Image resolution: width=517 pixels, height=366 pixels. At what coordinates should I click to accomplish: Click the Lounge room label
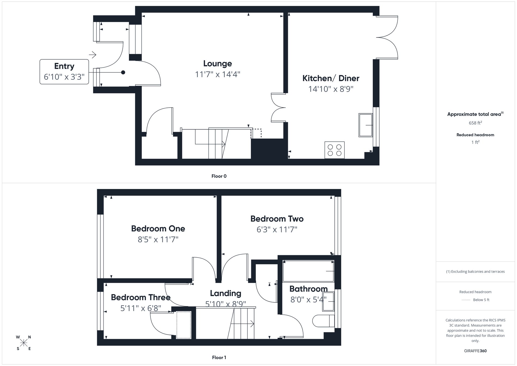[x=217, y=63]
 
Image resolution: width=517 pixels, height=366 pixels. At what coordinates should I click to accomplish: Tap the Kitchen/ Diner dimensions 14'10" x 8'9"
[x=331, y=89]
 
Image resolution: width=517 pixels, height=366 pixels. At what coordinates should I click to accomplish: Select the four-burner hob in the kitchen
[x=334, y=150]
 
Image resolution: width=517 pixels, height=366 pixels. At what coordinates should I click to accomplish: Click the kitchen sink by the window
[x=365, y=125]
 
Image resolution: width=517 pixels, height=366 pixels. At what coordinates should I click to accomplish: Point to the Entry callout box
[x=64, y=72]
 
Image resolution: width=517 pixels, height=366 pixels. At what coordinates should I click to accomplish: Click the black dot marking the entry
[x=123, y=72]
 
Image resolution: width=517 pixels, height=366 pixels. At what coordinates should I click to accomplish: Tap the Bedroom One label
[x=158, y=228]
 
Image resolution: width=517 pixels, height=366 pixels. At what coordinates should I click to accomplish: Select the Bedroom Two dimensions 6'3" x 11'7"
[x=277, y=230]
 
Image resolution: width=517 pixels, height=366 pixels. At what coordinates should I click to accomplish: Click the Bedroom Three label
[x=140, y=297]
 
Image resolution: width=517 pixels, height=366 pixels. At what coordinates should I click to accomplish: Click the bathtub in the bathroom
[x=308, y=271]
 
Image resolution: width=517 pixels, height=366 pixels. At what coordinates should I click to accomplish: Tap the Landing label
[x=226, y=293]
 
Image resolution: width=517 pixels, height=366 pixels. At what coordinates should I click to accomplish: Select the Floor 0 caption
[x=219, y=176]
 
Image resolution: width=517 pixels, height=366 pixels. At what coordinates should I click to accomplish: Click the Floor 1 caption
[x=219, y=358]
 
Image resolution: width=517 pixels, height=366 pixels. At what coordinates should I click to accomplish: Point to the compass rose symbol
[x=24, y=343]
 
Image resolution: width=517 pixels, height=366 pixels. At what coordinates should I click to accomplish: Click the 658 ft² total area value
[x=475, y=123]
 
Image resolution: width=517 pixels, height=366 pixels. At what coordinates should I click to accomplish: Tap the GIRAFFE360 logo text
[x=475, y=351]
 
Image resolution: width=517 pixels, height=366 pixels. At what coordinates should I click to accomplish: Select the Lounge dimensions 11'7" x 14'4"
[x=217, y=74]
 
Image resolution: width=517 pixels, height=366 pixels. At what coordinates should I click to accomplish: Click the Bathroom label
[x=308, y=289]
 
